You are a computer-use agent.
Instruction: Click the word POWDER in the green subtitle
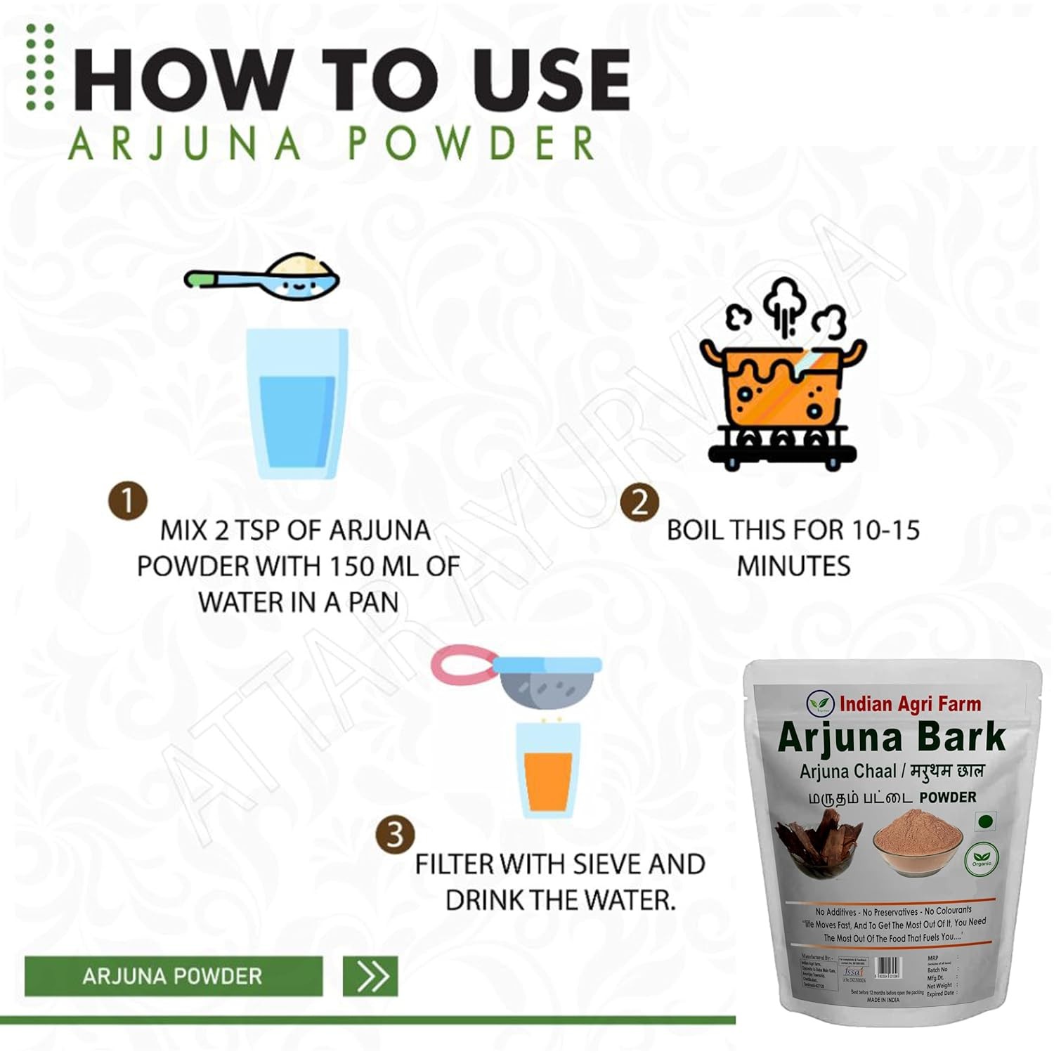click(x=471, y=144)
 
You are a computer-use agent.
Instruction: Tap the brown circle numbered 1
click(x=127, y=502)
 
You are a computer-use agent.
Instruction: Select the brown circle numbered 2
click(x=639, y=503)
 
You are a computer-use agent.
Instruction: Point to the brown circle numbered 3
click(x=394, y=835)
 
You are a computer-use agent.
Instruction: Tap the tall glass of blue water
click(x=297, y=404)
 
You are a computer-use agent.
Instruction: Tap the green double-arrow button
click(x=370, y=975)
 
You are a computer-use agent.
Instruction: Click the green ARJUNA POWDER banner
click(x=173, y=975)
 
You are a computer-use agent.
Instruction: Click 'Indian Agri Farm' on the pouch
click(x=909, y=703)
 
